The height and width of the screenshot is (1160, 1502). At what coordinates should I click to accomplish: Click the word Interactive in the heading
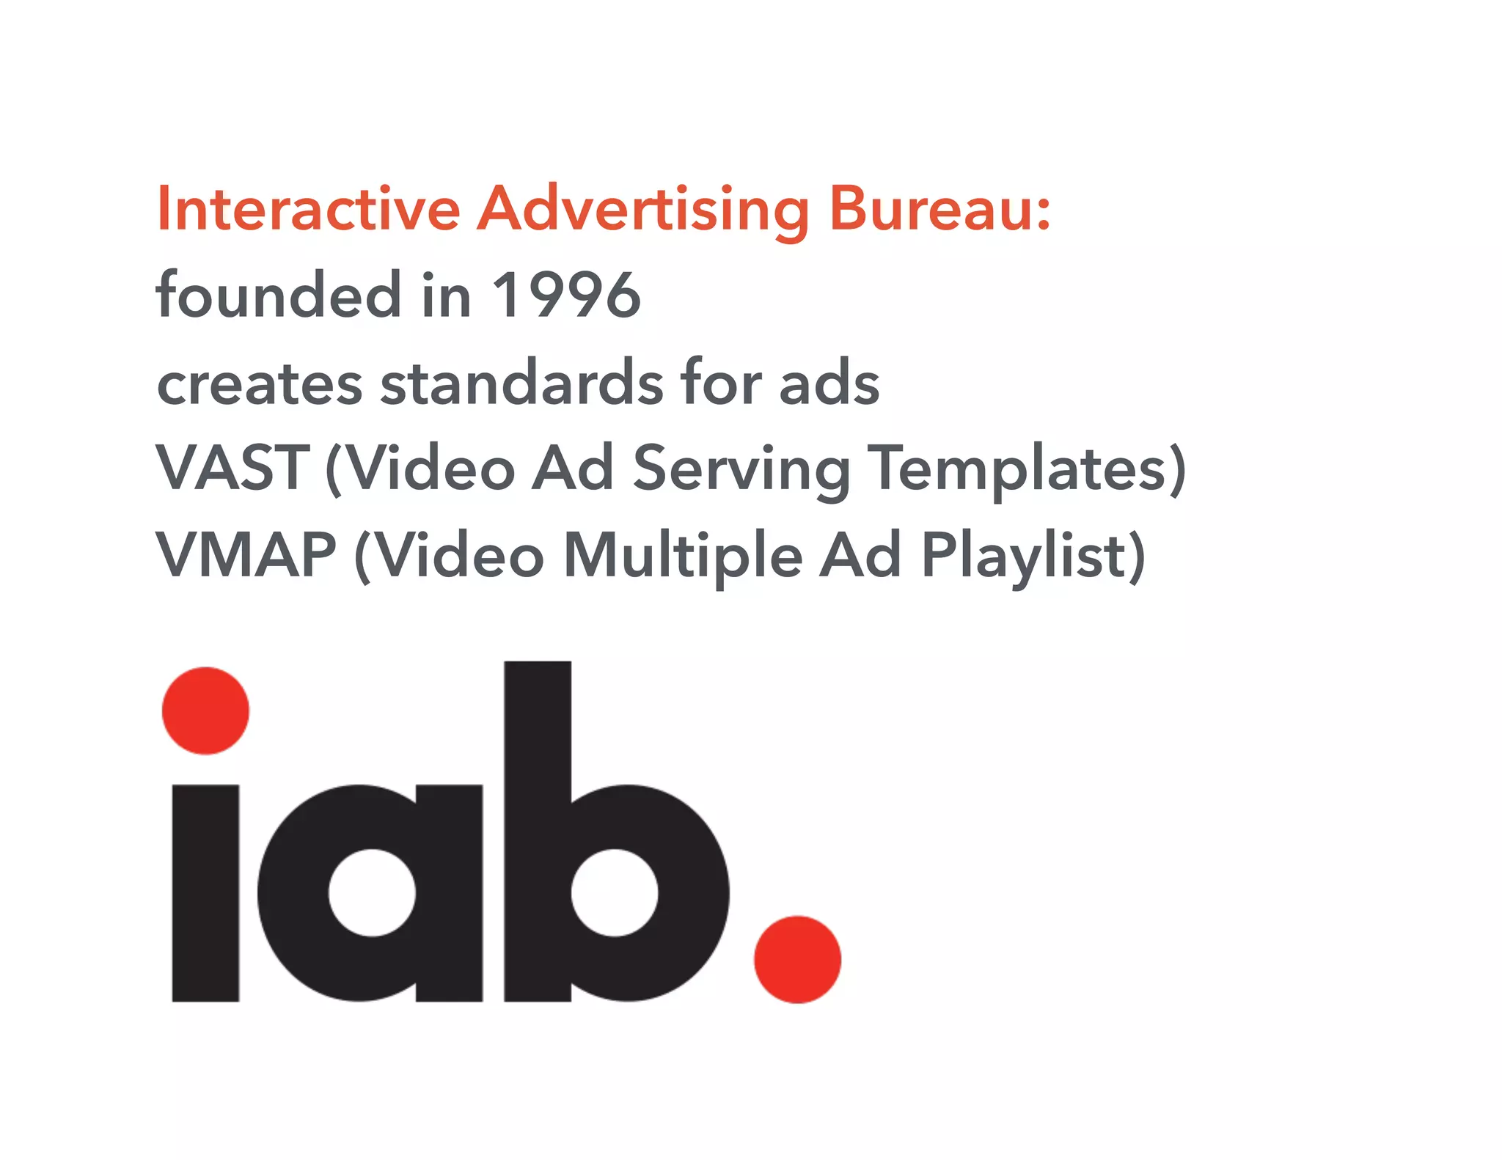point(308,210)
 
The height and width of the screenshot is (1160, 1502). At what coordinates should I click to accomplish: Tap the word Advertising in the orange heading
point(643,211)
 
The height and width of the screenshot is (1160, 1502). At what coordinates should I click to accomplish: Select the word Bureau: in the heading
point(939,210)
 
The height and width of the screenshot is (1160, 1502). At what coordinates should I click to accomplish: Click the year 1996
point(566,295)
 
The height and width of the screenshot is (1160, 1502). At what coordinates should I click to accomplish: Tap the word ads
point(829,383)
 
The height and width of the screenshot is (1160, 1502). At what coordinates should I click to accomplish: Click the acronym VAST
point(232,468)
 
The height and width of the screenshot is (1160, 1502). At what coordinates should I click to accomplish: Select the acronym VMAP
point(246,555)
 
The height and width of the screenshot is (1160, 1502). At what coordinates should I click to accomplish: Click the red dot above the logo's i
point(205,711)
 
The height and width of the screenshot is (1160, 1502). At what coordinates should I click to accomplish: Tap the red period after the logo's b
point(797,959)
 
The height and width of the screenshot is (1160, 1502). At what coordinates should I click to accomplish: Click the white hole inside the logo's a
point(372,892)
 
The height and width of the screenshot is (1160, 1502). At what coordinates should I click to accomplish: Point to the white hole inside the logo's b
point(615,892)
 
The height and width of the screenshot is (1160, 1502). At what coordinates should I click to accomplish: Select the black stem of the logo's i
point(205,892)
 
